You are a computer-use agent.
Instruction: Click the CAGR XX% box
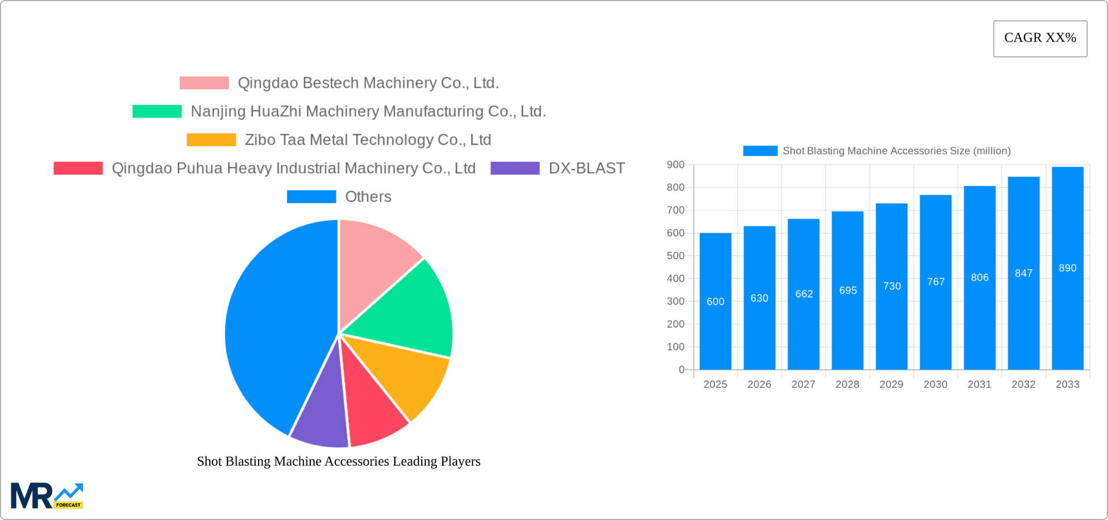coord(1040,38)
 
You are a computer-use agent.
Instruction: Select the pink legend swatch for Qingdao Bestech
coord(204,83)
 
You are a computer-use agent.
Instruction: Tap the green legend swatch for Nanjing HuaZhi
coord(157,111)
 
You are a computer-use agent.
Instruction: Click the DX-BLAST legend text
coord(586,168)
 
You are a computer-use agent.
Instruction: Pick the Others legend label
coord(368,197)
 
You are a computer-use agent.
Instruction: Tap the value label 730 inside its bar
coord(892,286)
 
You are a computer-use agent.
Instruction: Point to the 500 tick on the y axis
coord(675,256)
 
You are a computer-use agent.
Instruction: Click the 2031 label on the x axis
coord(979,384)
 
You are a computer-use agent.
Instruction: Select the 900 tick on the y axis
coord(675,165)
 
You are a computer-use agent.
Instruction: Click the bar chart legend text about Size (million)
coord(896,151)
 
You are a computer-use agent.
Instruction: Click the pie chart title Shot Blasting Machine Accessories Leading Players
coord(338,461)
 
